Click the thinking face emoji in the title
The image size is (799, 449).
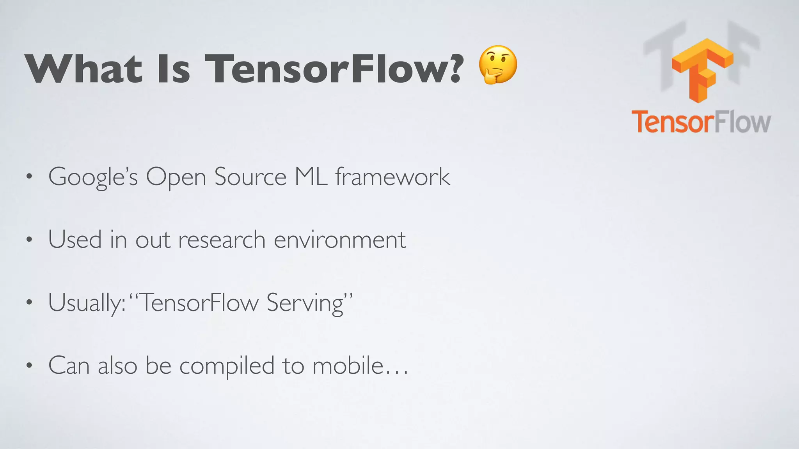[498, 65]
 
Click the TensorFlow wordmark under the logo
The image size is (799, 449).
[701, 122]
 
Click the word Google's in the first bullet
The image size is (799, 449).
[93, 177]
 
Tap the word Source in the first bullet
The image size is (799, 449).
[250, 177]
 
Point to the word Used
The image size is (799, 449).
[75, 239]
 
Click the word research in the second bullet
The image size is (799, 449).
[222, 240]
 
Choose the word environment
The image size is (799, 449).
[340, 240]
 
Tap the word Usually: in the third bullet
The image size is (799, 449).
[87, 303]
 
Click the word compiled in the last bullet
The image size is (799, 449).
[227, 367]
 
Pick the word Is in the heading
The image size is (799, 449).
[173, 69]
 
